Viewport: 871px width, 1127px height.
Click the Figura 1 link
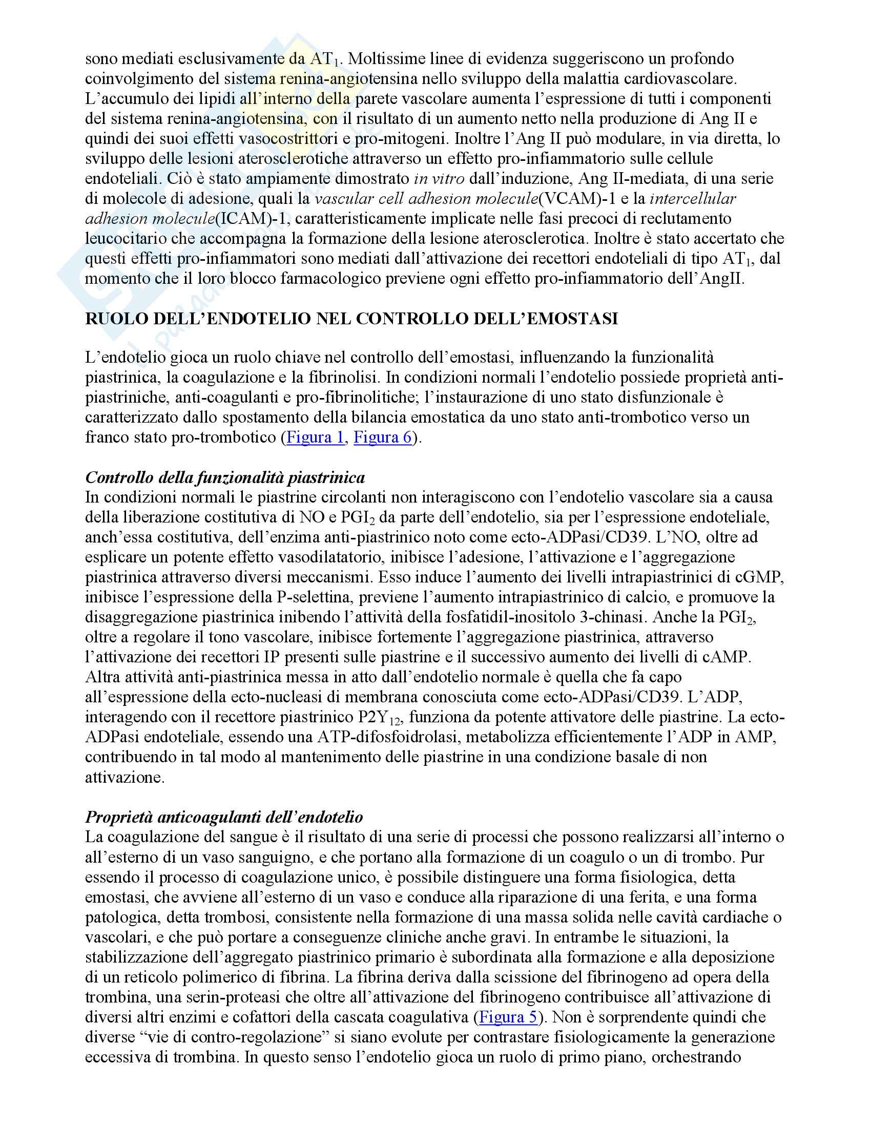pyautogui.click(x=315, y=437)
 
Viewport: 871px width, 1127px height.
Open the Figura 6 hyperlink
pyautogui.click(x=383, y=437)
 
